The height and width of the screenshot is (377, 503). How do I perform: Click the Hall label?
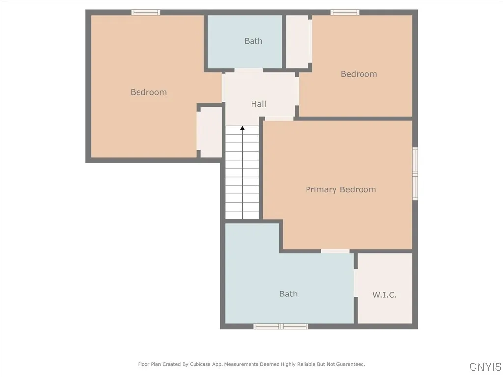pyautogui.click(x=258, y=104)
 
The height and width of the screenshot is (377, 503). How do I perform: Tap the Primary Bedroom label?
pyautogui.click(x=340, y=189)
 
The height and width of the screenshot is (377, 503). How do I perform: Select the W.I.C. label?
pyautogui.click(x=384, y=295)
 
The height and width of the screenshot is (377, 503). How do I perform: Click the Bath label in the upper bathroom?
pyautogui.click(x=253, y=41)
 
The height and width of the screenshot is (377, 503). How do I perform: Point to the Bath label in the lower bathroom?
pyautogui.click(x=288, y=294)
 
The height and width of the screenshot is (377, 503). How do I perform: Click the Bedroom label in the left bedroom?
pyautogui.click(x=148, y=92)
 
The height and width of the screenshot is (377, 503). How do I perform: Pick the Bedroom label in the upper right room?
pyautogui.click(x=359, y=74)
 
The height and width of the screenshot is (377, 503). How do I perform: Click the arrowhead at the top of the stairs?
pyautogui.click(x=242, y=129)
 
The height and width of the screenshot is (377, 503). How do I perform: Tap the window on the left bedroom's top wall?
pyautogui.click(x=146, y=12)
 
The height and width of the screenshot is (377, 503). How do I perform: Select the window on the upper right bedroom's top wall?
pyautogui.click(x=344, y=12)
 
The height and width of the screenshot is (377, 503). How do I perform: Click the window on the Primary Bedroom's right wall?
pyautogui.click(x=415, y=174)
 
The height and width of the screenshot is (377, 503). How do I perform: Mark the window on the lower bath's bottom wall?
pyautogui.click(x=281, y=326)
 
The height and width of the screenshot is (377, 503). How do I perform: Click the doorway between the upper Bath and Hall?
pyautogui.click(x=249, y=71)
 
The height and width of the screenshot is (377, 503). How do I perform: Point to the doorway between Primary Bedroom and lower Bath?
pyautogui.click(x=335, y=251)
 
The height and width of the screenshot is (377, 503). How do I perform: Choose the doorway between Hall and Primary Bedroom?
pyautogui.click(x=279, y=118)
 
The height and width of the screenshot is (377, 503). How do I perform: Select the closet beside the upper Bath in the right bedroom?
pyautogui.click(x=298, y=42)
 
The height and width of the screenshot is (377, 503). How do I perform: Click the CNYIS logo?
pyautogui.click(x=485, y=367)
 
